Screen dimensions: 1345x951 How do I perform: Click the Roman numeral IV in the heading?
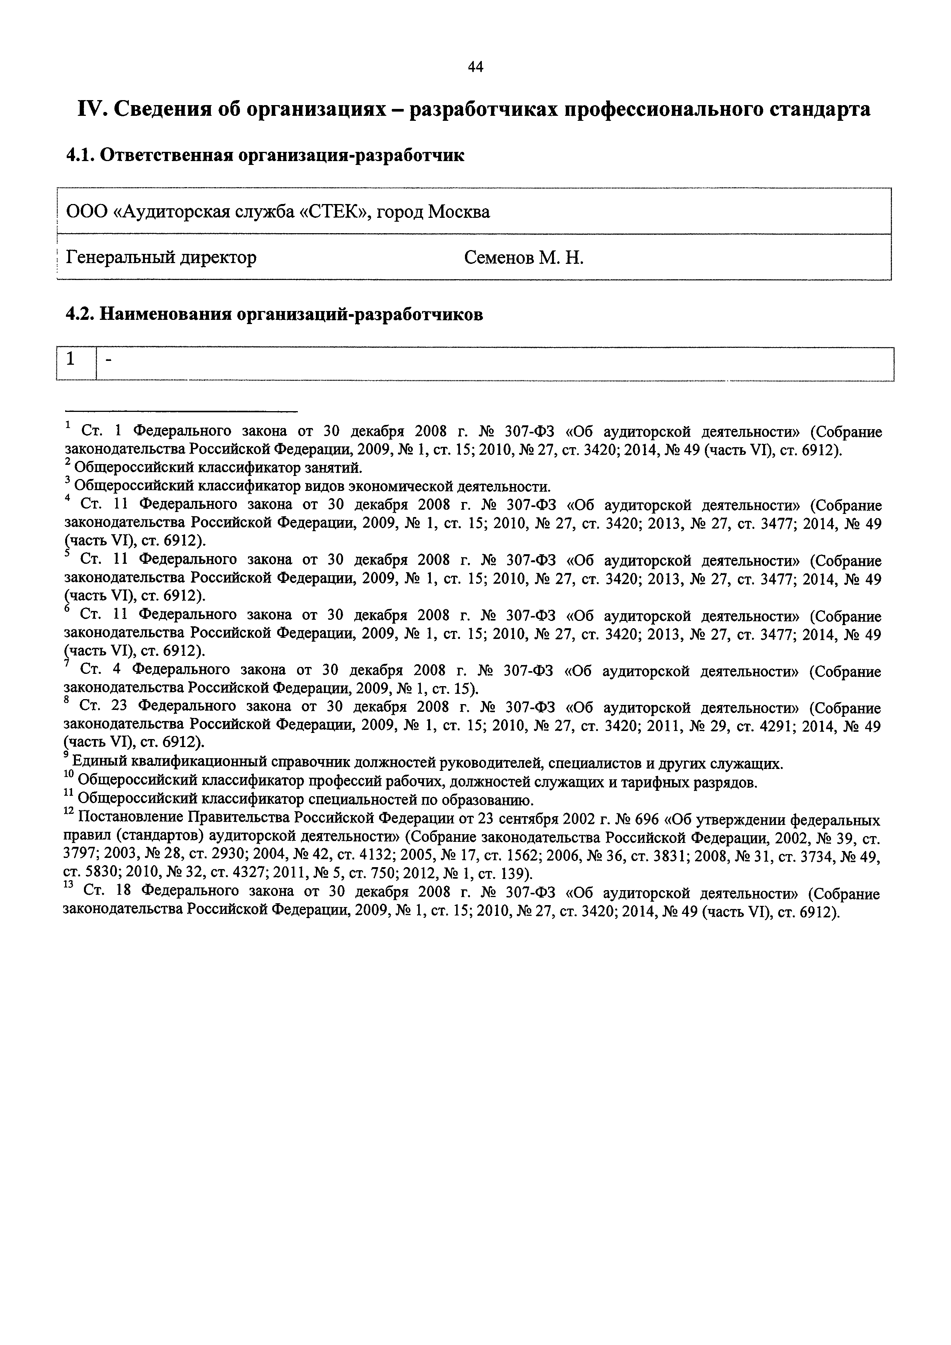[91, 109]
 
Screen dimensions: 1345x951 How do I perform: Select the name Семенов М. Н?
[524, 257]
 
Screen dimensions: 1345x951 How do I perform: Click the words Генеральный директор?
[161, 257]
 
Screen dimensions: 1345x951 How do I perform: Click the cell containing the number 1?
[71, 359]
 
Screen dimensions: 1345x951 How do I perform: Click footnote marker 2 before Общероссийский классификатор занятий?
[68, 463]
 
